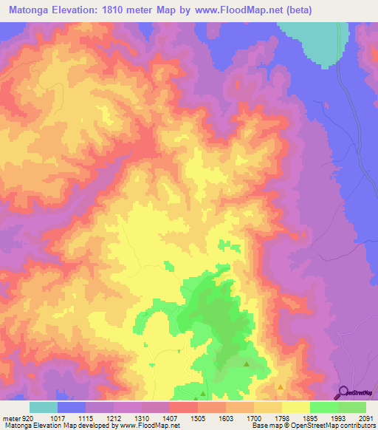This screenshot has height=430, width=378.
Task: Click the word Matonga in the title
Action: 30,10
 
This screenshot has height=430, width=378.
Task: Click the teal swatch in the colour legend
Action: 44,407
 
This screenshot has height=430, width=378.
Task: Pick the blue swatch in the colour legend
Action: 72,407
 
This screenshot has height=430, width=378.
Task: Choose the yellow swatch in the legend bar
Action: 295,407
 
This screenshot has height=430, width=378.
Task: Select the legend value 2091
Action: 365,419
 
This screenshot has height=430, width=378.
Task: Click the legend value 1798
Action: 281,419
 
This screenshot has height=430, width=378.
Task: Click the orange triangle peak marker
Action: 280,386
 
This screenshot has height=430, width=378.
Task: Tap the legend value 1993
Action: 337,419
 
